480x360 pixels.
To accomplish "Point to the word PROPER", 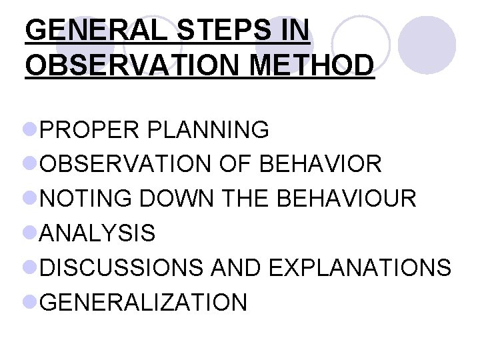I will pos(87,129).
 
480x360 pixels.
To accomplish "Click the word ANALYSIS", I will pos(97,233).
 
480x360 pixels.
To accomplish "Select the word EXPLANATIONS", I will pos(360,268).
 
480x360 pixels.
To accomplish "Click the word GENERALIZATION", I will pos(143,303).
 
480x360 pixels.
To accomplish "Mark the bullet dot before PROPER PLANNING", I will pos(31,129).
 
